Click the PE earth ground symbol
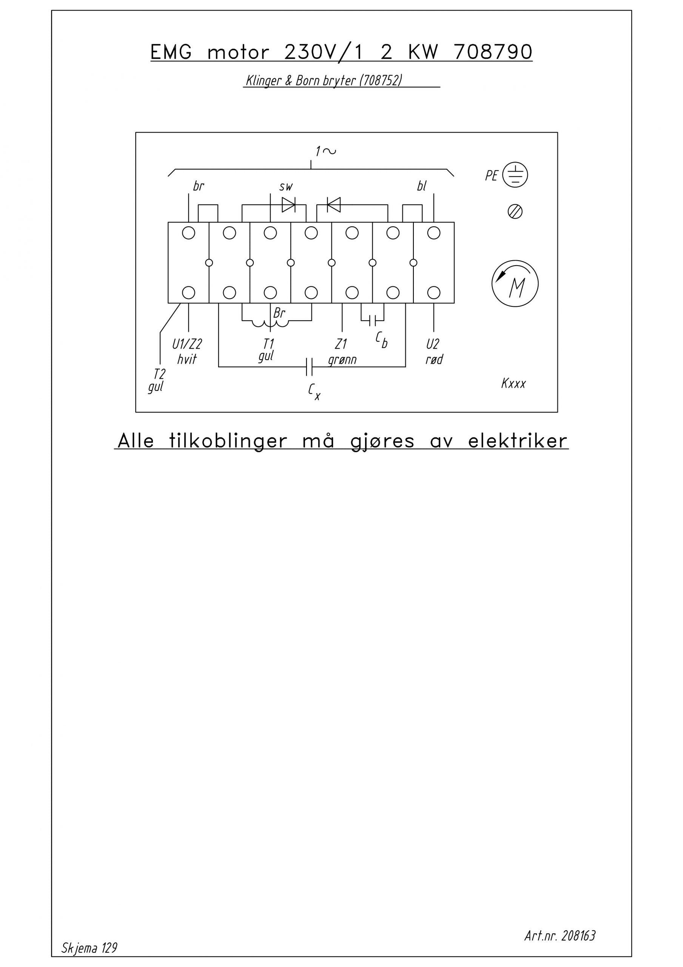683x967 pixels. tap(515, 175)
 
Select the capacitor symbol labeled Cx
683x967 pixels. tap(309, 366)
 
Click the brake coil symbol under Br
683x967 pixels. tap(270, 323)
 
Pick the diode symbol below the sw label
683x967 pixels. tap(288, 205)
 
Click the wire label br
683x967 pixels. tap(198, 186)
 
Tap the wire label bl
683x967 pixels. tap(421, 186)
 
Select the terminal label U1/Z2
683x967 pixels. tap(187, 344)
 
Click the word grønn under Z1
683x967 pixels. tap(342, 360)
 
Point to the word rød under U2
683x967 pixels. tap(434, 359)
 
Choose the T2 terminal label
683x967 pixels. tap(159, 373)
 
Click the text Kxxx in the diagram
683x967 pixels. tap(513, 383)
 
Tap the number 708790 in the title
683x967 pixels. tap(493, 52)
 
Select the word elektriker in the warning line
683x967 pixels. tap(518, 440)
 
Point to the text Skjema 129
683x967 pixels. tap(89, 948)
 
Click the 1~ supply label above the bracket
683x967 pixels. tap(325, 151)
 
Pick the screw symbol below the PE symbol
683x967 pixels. tap(515, 212)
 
